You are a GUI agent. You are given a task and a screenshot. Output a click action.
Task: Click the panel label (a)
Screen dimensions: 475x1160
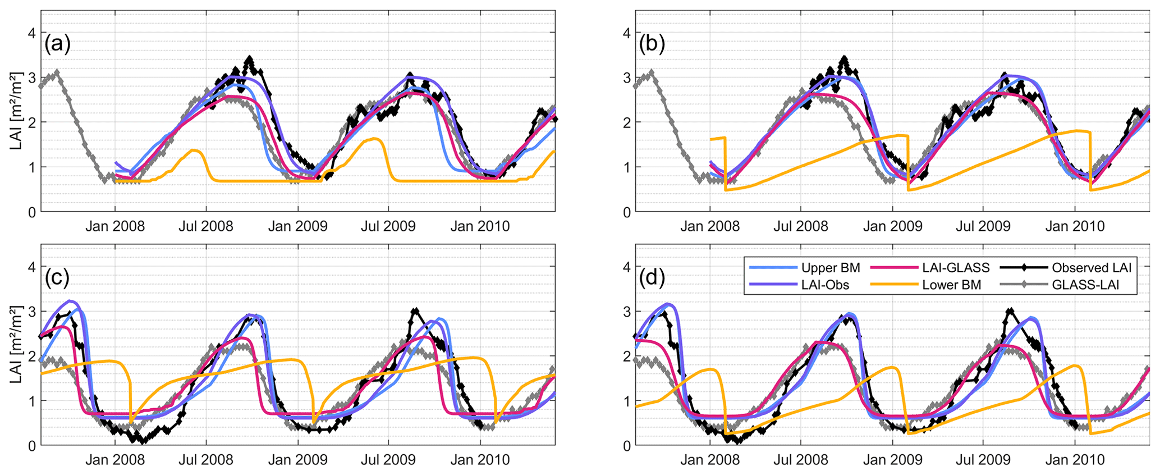point(57,44)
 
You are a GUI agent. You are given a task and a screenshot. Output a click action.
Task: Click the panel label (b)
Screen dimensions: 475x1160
point(652,44)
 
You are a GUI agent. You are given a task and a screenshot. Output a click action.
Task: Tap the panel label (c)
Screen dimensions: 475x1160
point(57,277)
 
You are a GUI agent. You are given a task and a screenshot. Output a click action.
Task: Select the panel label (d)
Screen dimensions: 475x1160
point(652,277)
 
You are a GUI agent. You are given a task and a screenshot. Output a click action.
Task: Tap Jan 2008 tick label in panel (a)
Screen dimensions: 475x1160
point(115,226)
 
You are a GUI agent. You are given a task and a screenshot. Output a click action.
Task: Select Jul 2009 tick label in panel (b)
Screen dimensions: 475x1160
point(983,226)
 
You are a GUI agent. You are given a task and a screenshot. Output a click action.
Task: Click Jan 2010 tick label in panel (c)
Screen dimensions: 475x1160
point(480,460)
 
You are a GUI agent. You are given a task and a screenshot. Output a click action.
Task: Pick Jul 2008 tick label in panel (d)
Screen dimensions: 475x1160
point(801,460)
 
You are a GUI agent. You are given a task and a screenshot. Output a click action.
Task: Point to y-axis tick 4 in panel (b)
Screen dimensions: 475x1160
point(626,33)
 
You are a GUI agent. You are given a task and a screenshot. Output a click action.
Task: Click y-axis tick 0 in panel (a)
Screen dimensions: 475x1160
point(32,212)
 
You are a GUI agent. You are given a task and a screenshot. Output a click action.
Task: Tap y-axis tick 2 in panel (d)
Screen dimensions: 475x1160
point(626,356)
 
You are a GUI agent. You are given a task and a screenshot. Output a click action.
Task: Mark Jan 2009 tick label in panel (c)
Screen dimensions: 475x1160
point(297,460)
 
